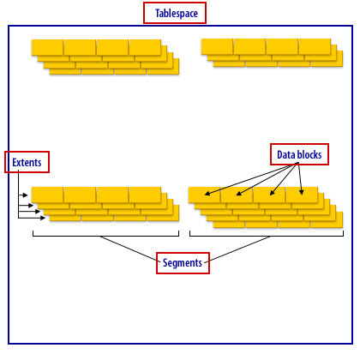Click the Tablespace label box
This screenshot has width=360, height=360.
(x=175, y=13)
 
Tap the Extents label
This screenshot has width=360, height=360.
(x=27, y=162)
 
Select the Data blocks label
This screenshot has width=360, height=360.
(x=299, y=154)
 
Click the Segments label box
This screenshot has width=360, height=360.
(x=183, y=263)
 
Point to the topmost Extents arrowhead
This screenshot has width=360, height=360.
(x=26, y=195)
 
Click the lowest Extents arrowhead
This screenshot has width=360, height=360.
(x=43, y=218)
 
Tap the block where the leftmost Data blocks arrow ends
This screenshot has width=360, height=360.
(x=204, y=195)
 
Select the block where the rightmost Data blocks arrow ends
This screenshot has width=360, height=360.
(x=302, y=195)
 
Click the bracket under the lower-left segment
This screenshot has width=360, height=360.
(x=105, y=236)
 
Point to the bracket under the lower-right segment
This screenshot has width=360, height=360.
(x=267, y=236)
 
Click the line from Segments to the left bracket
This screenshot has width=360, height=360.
(x=130, y=249)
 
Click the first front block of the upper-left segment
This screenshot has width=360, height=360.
(x=47, y=47)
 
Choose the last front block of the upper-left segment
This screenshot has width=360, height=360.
(x=145, y=47)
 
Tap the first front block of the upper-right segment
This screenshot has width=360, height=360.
(x=217, y=46)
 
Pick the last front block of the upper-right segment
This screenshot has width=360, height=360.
(x=315, y=46)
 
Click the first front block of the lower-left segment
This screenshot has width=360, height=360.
(x=47, y=195)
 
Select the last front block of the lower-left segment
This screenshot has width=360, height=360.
(x=145, y=195)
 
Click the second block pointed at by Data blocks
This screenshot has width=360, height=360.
(x=237, y=195)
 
